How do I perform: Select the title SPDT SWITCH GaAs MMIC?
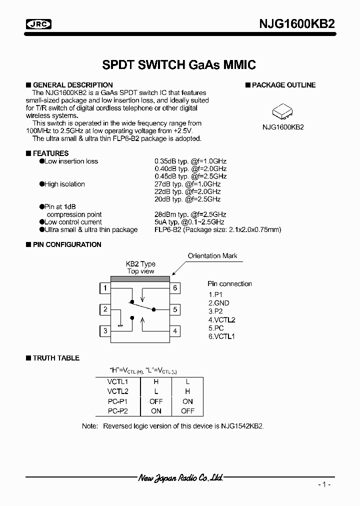[179, 65]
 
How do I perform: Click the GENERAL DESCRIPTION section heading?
[72, 85]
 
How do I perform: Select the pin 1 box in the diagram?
[105, 288]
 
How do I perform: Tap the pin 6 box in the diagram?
[175, 288]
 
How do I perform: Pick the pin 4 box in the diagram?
[175, 331]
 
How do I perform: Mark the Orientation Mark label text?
[212, 256]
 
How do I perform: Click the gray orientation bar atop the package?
[140, 279]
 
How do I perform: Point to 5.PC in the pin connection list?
[216, 328]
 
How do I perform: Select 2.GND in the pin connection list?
[219, 303]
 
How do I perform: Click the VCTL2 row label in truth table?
[118, 391]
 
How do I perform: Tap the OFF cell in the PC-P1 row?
[156, 401]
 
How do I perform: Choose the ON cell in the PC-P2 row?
[156, 411]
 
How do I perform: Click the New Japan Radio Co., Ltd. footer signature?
[180, 478]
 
